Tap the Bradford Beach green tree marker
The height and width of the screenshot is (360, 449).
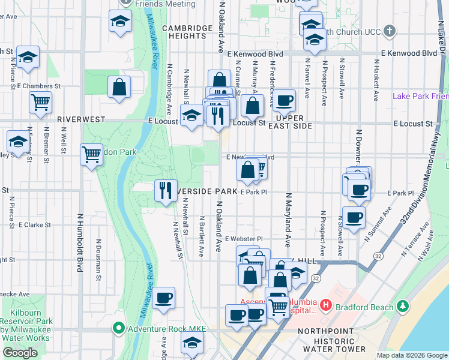[402, 307]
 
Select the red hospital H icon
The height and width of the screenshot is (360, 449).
[326, 305]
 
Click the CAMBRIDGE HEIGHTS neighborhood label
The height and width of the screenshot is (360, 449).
[187, 32]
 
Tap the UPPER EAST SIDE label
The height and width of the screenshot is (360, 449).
[294, 122]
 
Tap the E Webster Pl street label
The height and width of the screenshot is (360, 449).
[244, 238]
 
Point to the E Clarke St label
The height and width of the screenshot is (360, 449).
[35, 225]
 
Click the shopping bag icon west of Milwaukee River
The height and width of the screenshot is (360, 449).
[119, 87]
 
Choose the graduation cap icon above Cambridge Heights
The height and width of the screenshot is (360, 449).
[120, 22]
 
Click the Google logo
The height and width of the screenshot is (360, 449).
[20, 353]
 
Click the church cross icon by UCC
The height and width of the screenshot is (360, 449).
[390, 31]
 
